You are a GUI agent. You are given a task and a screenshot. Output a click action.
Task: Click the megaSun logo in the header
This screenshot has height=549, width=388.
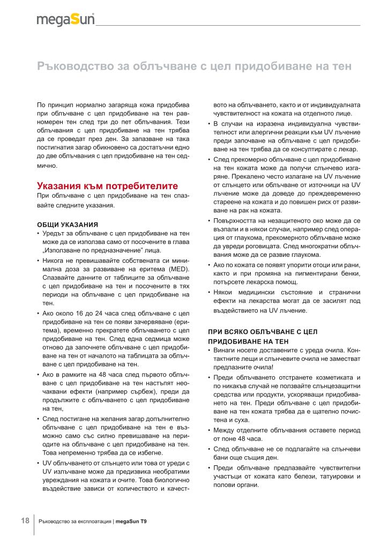[65, 20]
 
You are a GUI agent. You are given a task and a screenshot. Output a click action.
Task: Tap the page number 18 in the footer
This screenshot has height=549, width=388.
[25, 521]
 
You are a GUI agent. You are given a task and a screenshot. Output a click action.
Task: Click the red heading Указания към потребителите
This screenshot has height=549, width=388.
[107, 186]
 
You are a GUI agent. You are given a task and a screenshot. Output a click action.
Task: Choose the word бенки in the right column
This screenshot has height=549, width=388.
[350, 274]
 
